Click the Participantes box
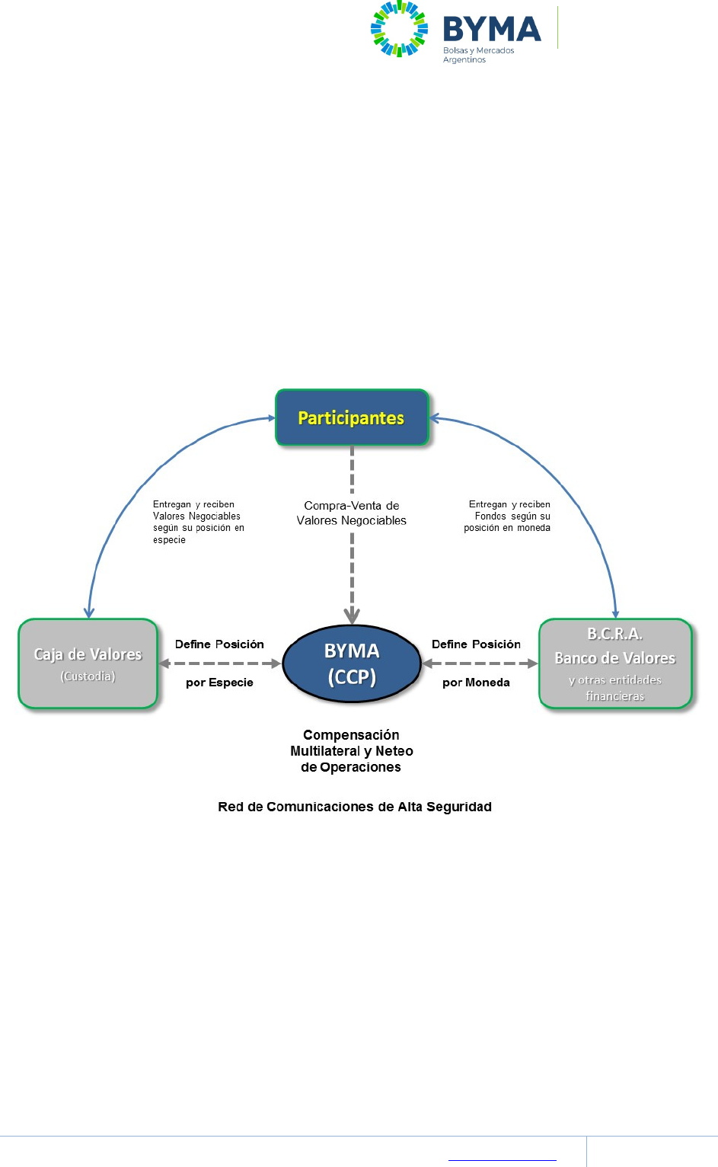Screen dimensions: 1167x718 [352, 417]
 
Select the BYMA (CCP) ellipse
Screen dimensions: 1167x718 [352, 663]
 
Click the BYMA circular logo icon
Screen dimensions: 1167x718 [399, 29]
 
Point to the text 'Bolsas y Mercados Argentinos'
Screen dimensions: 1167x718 [478, 55]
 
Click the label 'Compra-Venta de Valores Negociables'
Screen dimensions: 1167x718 [351, 513]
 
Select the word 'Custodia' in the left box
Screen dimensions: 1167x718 [88, 676]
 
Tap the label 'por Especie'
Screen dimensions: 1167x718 [219, 683]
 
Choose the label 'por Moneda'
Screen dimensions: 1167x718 [476, 683]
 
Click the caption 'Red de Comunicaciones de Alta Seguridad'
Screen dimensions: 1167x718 [355, 807]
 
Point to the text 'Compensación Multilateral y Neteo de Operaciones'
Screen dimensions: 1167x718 [352, 751]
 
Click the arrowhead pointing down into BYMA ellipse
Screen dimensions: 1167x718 [352, 615]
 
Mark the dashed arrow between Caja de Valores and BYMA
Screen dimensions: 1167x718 [219, 663]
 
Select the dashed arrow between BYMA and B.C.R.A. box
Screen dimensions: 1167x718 [480, 663]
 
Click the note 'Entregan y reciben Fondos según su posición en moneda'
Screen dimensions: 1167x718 [508, 516]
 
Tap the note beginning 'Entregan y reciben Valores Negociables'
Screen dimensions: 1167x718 [198, 522]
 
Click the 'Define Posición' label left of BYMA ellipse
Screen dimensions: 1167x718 [219, 644]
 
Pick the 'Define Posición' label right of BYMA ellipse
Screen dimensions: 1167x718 [476, 644]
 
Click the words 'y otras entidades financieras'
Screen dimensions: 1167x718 [615, 688]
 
